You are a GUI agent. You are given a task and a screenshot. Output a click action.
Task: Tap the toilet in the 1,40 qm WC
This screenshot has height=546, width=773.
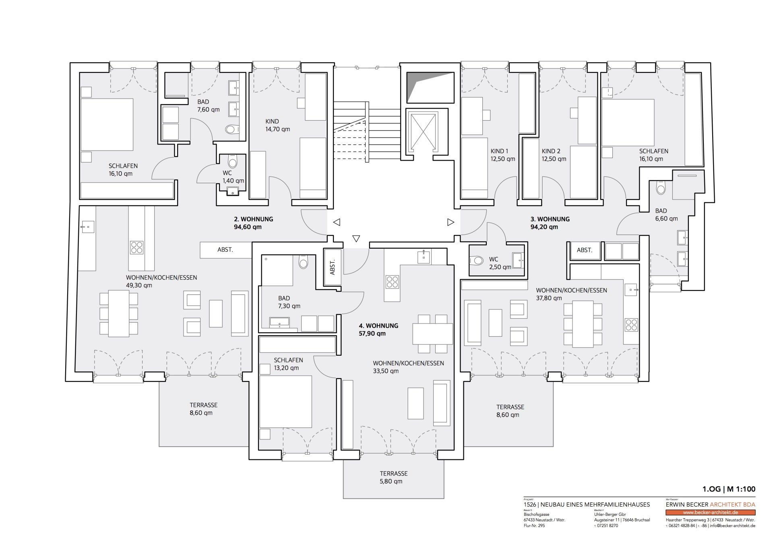[232, 162]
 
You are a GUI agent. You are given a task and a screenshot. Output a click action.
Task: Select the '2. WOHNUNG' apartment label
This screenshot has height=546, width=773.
[254, 219]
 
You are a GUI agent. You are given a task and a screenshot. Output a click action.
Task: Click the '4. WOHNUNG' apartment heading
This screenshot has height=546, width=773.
[379, 326]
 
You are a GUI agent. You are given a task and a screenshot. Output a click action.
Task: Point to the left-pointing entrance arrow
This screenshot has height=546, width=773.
[337, 222]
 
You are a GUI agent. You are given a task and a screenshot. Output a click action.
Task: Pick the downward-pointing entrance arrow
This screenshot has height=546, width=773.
[356, 239]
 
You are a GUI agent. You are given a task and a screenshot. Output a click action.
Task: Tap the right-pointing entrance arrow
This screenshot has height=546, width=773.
[451, 222]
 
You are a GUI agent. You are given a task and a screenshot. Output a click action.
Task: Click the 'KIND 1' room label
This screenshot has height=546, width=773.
[499, 151]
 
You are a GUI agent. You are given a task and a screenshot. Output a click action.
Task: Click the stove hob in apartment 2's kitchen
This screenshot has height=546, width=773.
[137, 247]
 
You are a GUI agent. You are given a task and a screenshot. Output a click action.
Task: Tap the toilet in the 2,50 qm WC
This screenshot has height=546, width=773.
[477, 261]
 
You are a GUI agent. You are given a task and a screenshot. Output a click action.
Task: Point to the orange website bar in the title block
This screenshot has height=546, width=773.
[711, 513]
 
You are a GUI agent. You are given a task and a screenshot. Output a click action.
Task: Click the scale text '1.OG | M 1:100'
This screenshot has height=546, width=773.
[729, 490]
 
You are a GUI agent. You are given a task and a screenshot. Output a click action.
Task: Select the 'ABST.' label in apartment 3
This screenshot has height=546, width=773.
[585, 250]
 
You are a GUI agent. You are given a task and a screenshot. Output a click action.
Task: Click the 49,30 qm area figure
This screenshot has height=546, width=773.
[139, 286]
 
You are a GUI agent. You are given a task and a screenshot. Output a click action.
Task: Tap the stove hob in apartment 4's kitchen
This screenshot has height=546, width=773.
[392, 282]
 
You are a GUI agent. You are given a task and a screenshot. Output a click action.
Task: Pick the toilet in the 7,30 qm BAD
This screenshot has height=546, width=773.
[303, 263]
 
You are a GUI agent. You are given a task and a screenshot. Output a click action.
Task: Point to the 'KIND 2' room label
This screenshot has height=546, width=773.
[551, 151]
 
